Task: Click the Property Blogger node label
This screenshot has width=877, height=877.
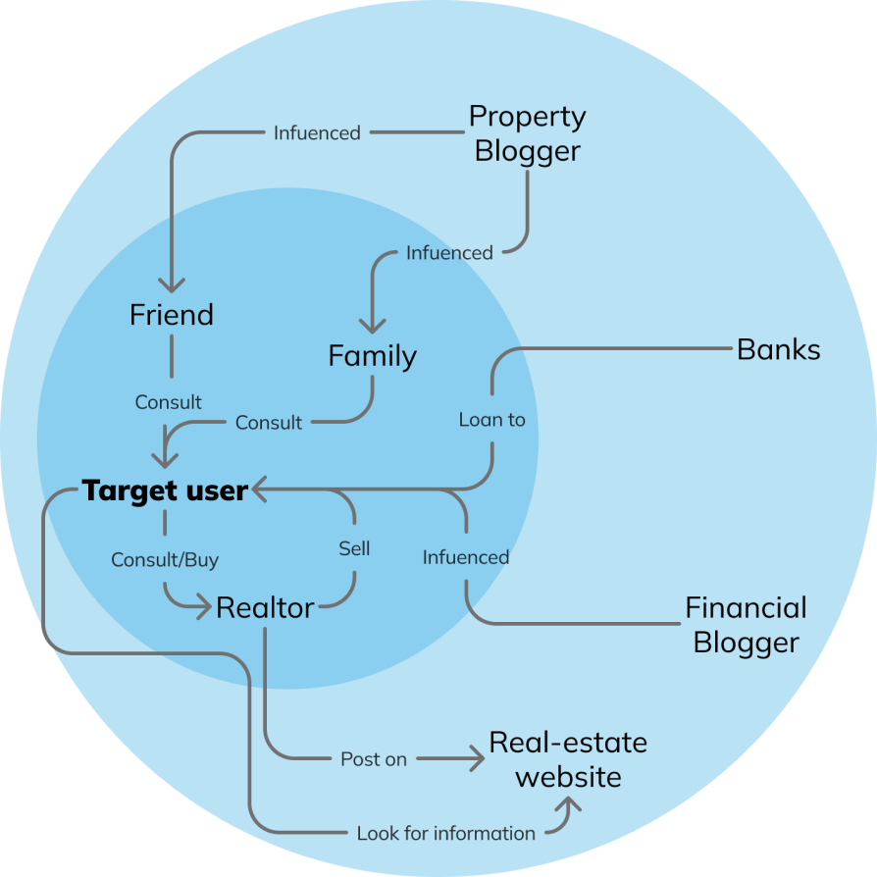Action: tap(527, 133)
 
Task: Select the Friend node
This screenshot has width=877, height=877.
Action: tap(172, 315)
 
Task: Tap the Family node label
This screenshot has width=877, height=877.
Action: tap(372, 356)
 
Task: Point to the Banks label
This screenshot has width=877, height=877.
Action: tap(779, 350)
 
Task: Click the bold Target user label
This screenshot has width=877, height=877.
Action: tap(165, 490)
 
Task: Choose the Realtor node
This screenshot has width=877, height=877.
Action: tap(265, 608)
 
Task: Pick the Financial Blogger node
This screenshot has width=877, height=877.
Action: tap(746, 625)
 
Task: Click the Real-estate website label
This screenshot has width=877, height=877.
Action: tap(568, 759)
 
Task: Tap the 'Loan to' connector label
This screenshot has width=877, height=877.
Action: tap(492, 420)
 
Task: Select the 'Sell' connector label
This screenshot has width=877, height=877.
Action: tap(354, 548)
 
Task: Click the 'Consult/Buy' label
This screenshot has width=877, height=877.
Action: tap(165, 560)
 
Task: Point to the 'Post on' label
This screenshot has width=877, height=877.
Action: tap(374, 759)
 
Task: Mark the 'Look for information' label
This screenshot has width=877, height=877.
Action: tap(446, 834)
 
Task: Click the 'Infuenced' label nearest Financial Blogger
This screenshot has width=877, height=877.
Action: tap(466, 557)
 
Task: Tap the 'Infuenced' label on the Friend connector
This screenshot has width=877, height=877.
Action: tap(317, 132)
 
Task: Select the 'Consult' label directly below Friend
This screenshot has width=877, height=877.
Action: tap(169, 402)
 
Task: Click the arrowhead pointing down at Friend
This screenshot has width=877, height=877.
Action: tap(172, 285)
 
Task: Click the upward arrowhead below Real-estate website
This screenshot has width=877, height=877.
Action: tap(569, 803)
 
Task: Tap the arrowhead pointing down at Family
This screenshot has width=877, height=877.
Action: tap(372, 327)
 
